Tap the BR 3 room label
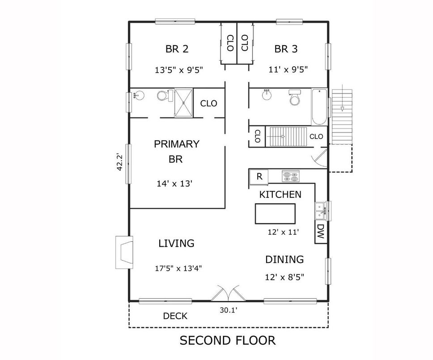(x=286, y=49)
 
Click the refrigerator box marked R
(x=259, y=176)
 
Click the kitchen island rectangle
(x=275, y=214)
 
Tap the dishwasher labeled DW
(x=320, y=231)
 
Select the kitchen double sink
(x=320, y=211)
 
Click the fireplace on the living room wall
(x=124, y=252)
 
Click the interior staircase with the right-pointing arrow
(x=287, y=136)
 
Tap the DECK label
(x=175, y=316)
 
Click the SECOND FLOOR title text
(x=228, y=340)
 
